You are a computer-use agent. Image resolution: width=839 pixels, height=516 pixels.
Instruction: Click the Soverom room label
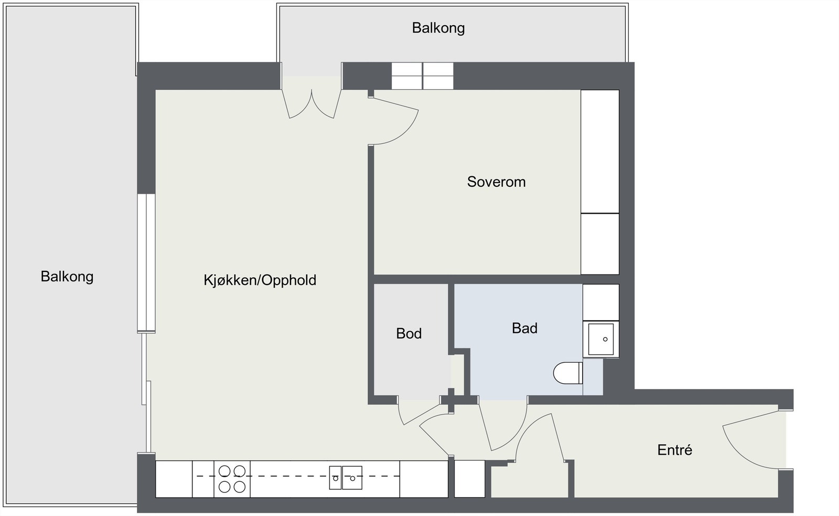496,182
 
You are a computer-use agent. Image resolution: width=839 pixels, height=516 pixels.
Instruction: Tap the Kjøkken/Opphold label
260,280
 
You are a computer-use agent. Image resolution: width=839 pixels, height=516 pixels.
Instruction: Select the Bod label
409,333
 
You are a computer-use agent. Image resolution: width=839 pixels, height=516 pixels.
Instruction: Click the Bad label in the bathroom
524,328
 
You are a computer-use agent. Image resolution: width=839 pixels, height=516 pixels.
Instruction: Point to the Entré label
674,450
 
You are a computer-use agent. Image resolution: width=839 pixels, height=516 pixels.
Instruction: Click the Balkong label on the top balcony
438,28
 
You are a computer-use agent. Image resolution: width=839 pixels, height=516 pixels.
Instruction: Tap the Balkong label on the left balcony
67,276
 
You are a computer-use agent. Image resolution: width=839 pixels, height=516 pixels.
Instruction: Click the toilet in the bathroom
567,373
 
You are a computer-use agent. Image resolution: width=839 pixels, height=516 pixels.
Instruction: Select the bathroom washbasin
601,339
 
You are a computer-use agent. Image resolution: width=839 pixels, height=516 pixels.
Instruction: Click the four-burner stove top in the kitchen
232,479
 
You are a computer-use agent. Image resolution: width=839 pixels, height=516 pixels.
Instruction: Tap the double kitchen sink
346,478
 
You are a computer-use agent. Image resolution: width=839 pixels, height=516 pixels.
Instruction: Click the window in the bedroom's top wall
422,76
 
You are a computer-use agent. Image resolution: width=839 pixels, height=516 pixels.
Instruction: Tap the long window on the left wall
146,263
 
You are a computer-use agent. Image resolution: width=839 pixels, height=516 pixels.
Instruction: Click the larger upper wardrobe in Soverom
600,151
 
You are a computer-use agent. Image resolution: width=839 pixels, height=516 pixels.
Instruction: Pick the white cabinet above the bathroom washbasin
601,302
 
